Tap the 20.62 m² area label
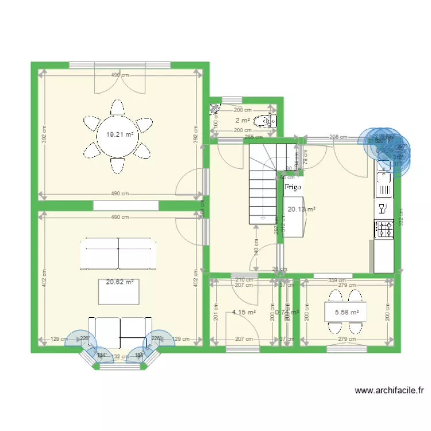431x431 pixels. tap(120, 282)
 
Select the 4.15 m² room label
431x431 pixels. tap(244, 313)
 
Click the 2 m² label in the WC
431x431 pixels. tap(242, 120)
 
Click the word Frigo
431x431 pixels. tap(292, 187)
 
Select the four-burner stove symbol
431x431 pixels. tap(383, 229)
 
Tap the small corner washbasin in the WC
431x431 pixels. tap(215, 107)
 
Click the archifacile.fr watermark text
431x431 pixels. tap(389, 391)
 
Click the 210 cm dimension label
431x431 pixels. tap(244, 280)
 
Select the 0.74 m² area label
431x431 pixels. tap(287, 313)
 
